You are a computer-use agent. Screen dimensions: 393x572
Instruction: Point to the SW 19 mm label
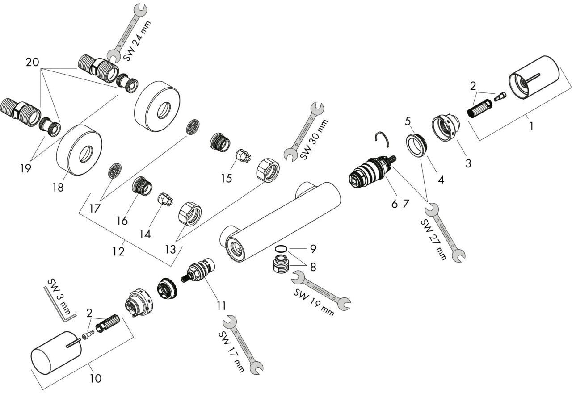click(x=314, y=301)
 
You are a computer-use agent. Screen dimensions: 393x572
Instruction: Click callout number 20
click(x=32, y=63)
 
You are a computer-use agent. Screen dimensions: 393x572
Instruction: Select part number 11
click(x=220, y=305)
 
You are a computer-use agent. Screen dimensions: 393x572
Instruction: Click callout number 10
click(x=95, y=378)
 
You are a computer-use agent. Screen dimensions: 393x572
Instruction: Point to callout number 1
click(x=531, y=126)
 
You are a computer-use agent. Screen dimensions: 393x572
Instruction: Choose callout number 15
click(x=227, y=178)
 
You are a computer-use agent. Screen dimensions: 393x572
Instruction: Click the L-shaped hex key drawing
click(x=59, y=304)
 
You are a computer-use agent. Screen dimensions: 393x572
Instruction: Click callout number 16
click(x=122, y=220)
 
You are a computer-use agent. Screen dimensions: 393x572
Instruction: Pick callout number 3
click(x=468, y=163)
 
